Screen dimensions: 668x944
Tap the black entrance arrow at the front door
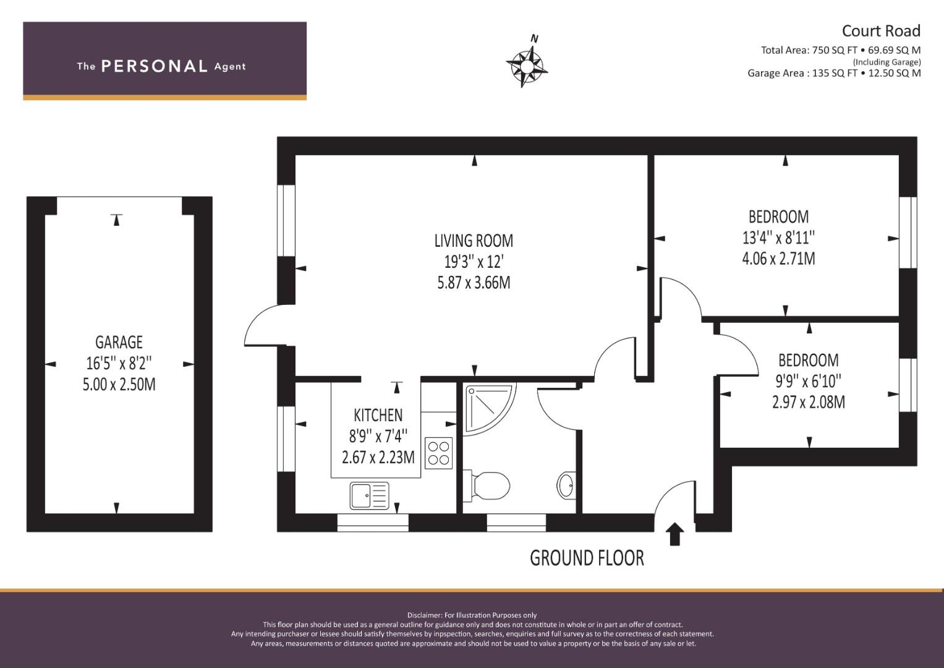pyautogui.click(x=674, y=534)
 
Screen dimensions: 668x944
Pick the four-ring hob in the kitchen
pyautogui.click(x=439, y=452)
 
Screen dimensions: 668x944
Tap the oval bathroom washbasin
pyautogui.click(x=566, y=485)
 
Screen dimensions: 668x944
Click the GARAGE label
pyautogui.click(x=119, y=342)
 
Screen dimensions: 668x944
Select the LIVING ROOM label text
pyautogui.click(x=474, y=240)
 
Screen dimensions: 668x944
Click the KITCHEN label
pyautogui.click(x=378, y=414)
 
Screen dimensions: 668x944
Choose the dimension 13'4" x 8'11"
pyautogui.click(x=778, y=238)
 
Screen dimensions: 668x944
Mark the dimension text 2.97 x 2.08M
pyautogui.click(x=808, y=402)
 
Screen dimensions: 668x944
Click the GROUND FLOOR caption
pyautogui.click(x=587, y=558)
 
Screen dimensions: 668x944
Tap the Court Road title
pyautogui.click(x=881, y=31)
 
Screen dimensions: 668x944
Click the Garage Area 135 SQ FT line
pyautogui.click(x=834, y=73)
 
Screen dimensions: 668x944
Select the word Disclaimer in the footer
pyautogui.click(x=425, y=615)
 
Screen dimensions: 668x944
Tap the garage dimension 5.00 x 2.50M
pyautogui.click(x=119, y=384)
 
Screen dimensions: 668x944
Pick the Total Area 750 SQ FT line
pyautogui.click(x=840, y=50)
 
